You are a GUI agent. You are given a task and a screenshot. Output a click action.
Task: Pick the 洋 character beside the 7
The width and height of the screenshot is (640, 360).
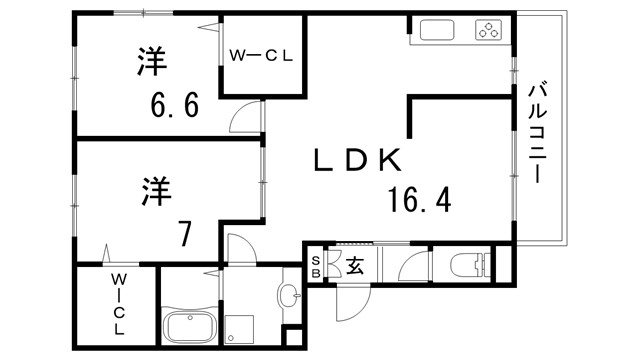tap(157, 189)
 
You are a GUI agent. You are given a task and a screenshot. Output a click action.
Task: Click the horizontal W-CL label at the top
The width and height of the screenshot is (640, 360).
tap(261, 56)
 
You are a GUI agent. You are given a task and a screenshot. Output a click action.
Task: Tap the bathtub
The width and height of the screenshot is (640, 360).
tap(191, 327)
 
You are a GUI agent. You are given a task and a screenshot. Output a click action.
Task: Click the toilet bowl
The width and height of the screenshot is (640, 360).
tap(470, 266)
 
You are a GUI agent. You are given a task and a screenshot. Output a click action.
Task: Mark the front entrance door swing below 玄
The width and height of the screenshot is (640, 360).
tap(350, 299)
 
